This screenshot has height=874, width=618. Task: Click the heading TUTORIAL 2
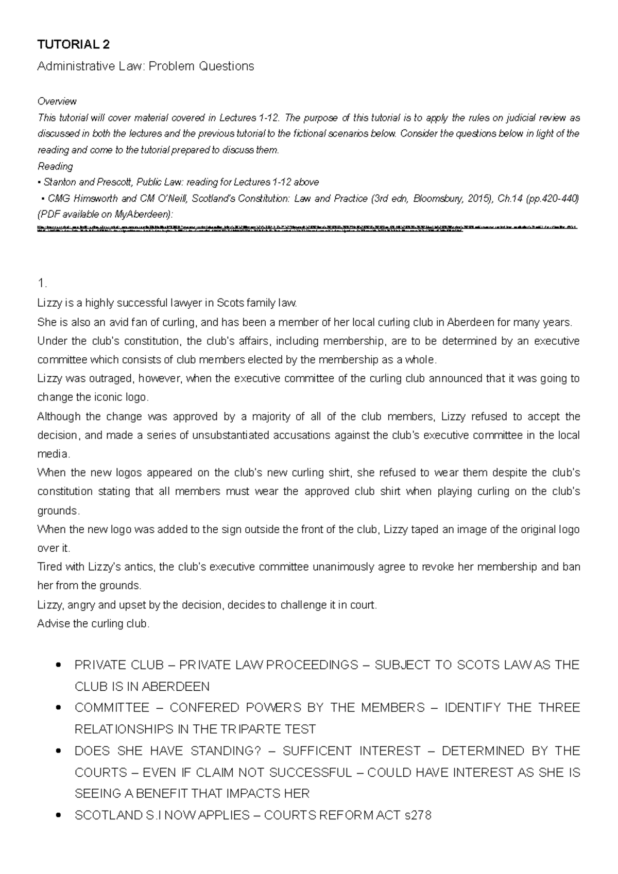(x=73, y=45)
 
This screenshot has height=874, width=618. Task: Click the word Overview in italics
(x=57, y=101)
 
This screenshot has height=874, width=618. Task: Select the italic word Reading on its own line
(x=55, y=166)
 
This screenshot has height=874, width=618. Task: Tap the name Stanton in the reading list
(x=61, y=182)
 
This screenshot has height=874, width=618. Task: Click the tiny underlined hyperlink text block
(x=308, y=229)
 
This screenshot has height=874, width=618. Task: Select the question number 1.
(x=42, y=284)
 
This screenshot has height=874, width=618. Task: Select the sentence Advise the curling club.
(x=93, y=624)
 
